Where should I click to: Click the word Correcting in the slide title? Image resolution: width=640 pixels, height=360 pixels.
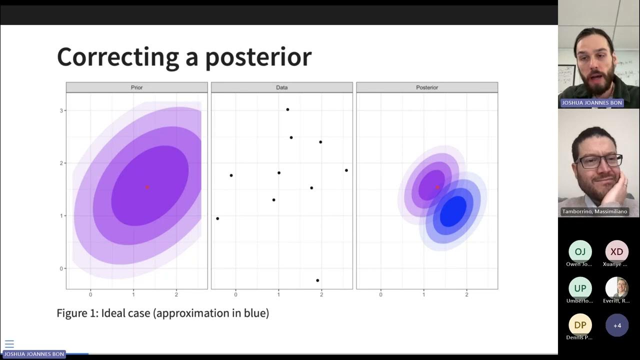click(117, 56)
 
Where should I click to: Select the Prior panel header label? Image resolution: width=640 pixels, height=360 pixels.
click(136, 87)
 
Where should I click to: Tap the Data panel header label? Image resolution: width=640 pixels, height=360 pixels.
click(282, 87)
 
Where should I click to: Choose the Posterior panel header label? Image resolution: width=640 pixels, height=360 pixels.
click(427, 87)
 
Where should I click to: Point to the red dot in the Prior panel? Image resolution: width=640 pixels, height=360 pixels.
click(147, 187)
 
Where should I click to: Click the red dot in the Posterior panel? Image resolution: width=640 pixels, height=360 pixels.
click(437, 187)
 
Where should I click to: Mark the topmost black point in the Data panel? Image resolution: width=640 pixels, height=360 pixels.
click(287, 109)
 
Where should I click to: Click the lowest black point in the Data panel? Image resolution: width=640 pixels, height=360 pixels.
click(317, 280)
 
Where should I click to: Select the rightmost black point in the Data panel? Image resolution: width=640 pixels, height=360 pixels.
click(346, 170)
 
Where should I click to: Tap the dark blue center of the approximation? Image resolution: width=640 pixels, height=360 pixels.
click(453, 212)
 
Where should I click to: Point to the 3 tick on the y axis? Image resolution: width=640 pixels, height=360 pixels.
click(61, 110)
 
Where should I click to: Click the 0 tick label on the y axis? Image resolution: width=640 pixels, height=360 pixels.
click(61, 268)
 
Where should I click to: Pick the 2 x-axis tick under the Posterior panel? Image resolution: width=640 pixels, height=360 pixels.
click(466, 295)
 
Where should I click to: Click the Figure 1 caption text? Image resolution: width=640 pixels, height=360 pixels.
click(162, 313)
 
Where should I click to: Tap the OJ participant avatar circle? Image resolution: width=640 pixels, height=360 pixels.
click(580, 251)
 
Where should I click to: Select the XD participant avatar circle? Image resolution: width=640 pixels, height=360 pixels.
click(617, 251)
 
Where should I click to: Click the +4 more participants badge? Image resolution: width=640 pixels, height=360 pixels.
click(617, 325)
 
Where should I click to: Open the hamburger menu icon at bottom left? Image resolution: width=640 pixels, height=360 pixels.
click(9, 344)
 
